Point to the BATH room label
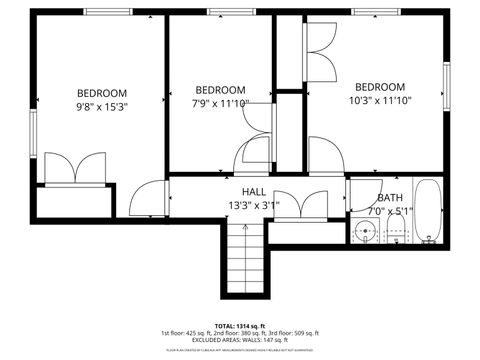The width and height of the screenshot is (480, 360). tap(390, 198)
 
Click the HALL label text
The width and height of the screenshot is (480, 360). tap(253, 191)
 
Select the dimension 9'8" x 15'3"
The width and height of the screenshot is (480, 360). tap(102, 104)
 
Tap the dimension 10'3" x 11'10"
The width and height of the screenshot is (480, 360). tap(380, 100)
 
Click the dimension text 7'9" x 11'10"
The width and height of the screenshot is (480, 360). tap(220, 102)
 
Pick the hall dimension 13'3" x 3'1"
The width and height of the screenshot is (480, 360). tap(253, 205)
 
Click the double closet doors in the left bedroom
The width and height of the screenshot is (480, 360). tap(75, 168)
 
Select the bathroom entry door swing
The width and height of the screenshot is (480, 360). tap(360, 193)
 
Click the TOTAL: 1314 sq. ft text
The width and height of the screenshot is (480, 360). tap(240, 325)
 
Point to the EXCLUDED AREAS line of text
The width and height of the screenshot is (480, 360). tap(240, 340)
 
